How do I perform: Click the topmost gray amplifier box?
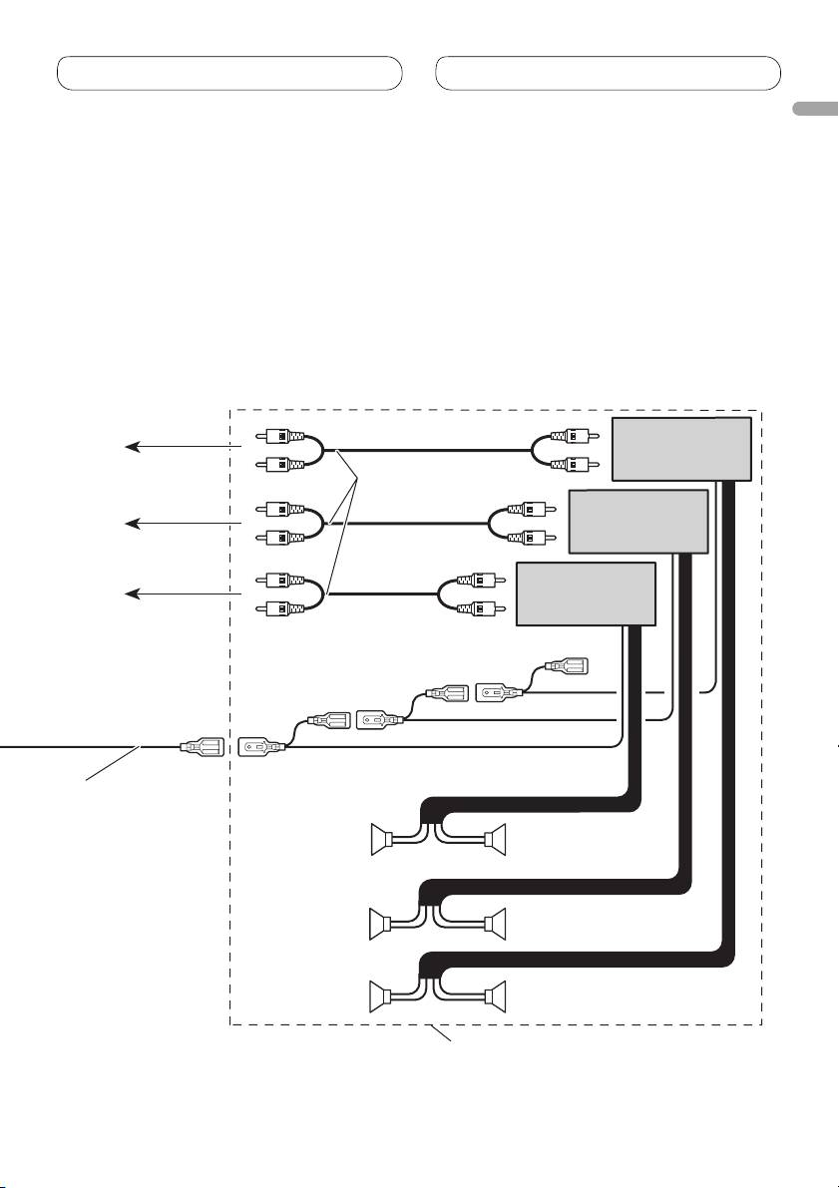click(x=681, y=448)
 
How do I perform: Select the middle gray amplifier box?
click(x=637, y=521)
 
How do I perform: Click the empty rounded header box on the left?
click(x=229, y=73)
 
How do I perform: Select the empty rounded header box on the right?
click(x=609, y=73)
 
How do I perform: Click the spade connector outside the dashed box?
click(x=199, y=746)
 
